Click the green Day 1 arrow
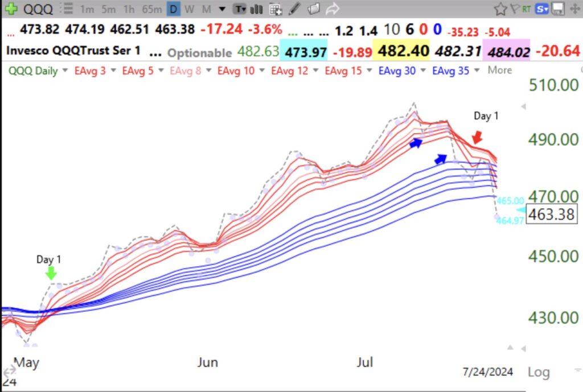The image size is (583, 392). coord(51,274)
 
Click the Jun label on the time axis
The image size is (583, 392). coord(207,362)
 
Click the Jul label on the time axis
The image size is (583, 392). coord(364,362)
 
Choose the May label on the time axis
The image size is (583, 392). coord(26,362)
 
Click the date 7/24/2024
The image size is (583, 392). coord(488,372)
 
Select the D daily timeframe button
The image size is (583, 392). coord(174,9)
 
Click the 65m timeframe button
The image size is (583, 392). coord(152,9)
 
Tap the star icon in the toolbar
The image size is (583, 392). coord(500,9)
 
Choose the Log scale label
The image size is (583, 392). coord(539,372)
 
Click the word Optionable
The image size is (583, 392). coord(199,52)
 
